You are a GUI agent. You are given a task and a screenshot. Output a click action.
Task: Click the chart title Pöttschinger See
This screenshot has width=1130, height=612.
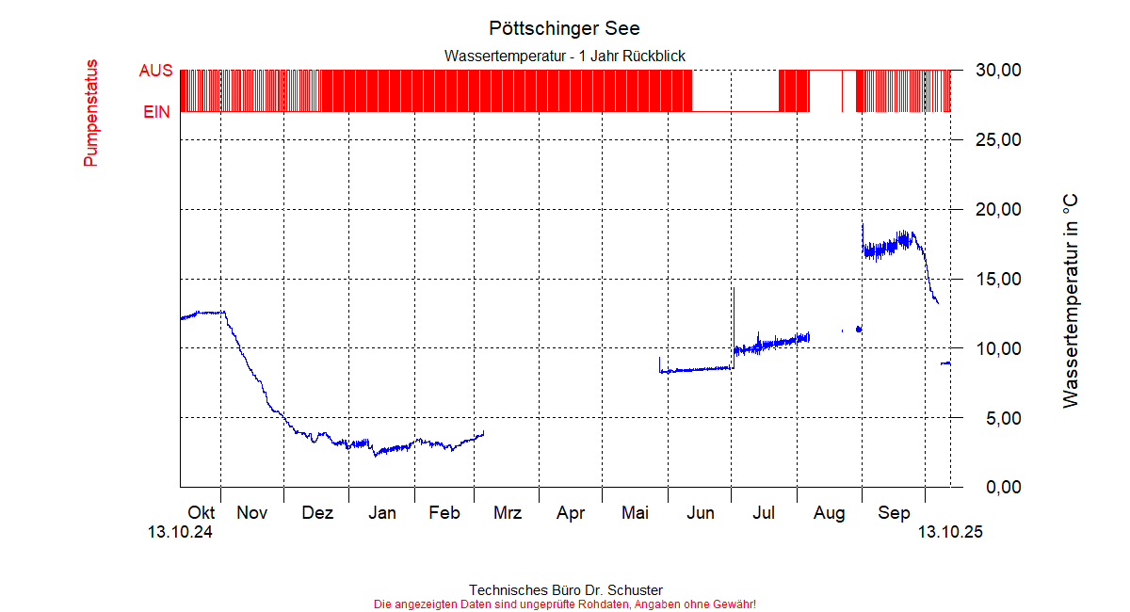(564, 28)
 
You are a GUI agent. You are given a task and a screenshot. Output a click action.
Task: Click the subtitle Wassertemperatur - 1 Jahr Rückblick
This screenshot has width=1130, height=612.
(564, 56)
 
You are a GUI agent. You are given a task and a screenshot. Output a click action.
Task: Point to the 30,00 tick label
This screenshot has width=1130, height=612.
(998, 71)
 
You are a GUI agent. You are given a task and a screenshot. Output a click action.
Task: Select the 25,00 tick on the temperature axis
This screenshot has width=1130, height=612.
(998, 140)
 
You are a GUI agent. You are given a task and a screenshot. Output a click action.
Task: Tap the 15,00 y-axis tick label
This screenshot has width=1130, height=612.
(998, 280)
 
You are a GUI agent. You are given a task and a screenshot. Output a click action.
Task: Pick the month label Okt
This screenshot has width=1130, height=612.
(202, 513)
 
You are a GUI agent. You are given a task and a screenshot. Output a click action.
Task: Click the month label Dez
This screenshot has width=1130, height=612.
(317, 513)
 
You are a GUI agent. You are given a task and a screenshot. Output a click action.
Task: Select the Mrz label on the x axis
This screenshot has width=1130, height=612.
(508, 513)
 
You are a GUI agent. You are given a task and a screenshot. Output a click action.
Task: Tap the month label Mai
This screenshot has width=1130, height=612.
(635, 513)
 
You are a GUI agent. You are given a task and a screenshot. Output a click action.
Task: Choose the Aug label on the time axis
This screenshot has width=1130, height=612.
(830, 513)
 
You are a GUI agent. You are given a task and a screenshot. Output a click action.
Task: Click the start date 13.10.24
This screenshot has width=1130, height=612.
(180, 532)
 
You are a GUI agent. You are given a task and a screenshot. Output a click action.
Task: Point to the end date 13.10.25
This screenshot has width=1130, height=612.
(950, 532)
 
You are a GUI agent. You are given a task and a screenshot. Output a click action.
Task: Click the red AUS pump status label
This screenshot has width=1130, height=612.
(155, 71)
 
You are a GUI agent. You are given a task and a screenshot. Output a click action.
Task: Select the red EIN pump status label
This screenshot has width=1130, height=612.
(156, 112)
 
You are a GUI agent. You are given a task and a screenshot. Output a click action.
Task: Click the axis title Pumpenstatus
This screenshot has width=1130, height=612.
(91, 113)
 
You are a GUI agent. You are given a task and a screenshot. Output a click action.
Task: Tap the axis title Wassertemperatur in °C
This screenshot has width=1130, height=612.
(1070, 301)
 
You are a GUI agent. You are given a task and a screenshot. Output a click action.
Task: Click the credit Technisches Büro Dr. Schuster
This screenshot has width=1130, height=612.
(564, 590)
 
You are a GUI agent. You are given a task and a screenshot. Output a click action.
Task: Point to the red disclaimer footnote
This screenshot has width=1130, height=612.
(564, 604)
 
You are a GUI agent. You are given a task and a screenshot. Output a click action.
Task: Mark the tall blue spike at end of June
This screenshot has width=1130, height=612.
(733, 311)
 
